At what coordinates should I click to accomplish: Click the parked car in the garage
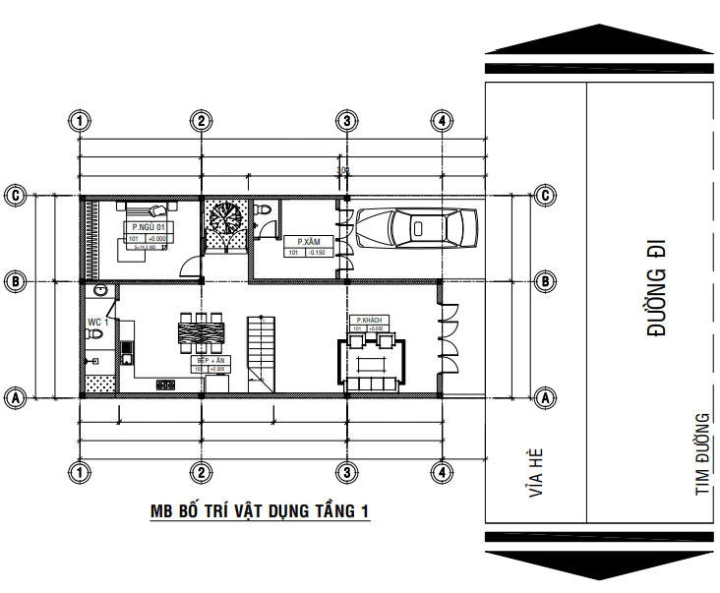416,228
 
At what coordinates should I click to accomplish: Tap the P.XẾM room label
309,241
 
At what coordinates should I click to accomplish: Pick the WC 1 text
97,322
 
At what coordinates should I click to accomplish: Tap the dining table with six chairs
201,332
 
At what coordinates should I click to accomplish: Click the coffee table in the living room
370,364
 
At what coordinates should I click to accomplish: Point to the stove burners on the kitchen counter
167,385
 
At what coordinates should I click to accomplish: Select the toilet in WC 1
95,336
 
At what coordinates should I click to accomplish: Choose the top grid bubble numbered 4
444,121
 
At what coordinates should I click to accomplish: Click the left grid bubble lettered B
16,280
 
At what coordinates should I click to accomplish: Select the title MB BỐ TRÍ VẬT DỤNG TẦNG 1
259,511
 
